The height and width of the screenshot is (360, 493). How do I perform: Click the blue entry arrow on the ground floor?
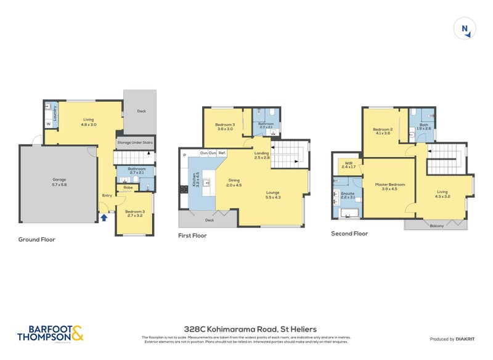pyautogui.click(x=104, y=217)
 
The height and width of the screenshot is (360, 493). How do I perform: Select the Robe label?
pyautogui.click(x=128, y=187)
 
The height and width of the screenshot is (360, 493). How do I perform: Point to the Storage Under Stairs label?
pyautogui.click(x=134, y=142)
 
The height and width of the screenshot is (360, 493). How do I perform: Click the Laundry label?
pyautogui.click(x=55, y=113)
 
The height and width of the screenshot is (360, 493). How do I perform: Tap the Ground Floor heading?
pyautogui.click(x=36, y=239)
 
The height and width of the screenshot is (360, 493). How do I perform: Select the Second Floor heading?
pyautogui.click(x=349, y=234)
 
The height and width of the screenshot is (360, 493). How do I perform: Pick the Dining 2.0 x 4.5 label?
pyautogui.click(x=234, y=183)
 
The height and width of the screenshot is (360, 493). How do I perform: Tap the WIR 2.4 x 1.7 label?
pyautogui.click(x=349, y=166)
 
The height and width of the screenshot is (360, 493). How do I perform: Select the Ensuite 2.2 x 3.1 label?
pyautogui.click(x=348, y=195)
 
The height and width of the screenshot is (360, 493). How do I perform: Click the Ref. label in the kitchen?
pyautogui.click(x=222, y=152)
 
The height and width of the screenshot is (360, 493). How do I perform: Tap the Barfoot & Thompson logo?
pyautogui.click(x=51, y=333)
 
